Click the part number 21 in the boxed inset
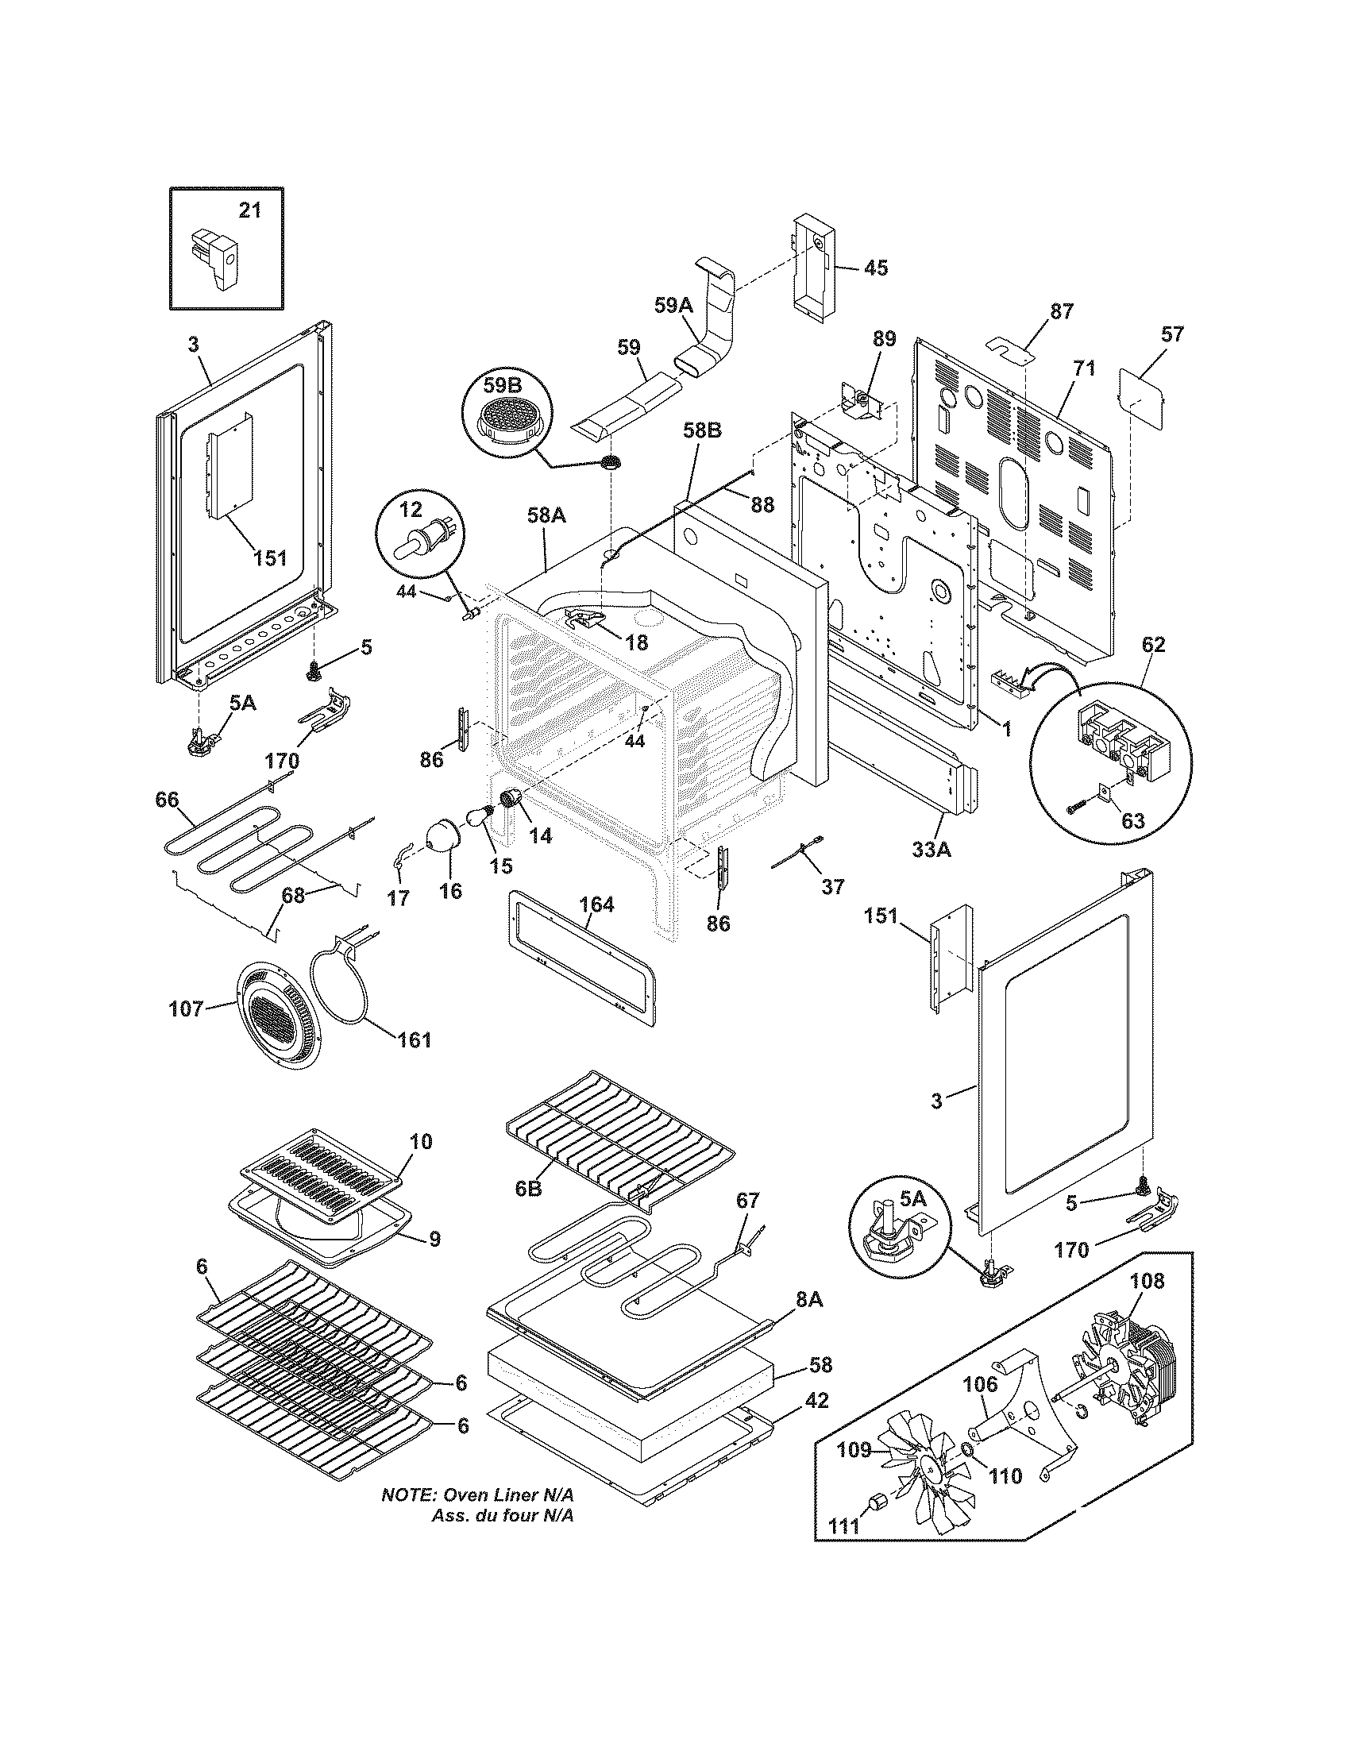249,210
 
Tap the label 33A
932,851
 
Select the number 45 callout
876,268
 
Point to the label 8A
809,1300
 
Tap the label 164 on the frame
596,904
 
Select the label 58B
702,430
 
